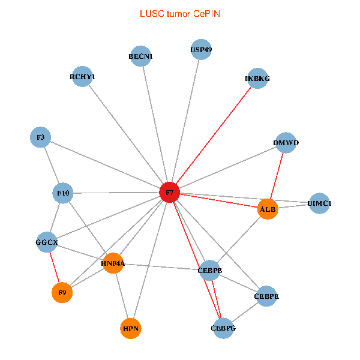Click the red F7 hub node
pyautogui.click(x=170, y=193)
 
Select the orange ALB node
pyautogui.click(x=268, y=209)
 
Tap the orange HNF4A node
pyautogui.click(x=113, y=263)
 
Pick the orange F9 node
pyautogui.click(x=61, y=293)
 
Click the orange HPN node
pyautogui.click(x=131, y=329)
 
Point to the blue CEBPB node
pyautogui.click(x=210, y=271)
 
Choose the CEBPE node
pyautogui.click(x=266, y=296)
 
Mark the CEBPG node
pyautogui.click(x=223, y=328)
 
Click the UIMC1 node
pyautogui.click(x=319, y=203)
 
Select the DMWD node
pyautogui.click(x=286, y=143)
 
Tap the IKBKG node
pyautogui.click(x=257, y=79)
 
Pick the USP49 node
pyautogui.click(x=201, y=49)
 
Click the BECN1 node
pyautogui.click(x=141, y=56)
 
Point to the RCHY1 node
pyautogui.click(x=82, y=77)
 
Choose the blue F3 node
pyautogui.click(x=40, y=137)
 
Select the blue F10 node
pyautogui.click(x=63, y=193)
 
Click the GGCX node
pyautogui.click(x=46, y=243)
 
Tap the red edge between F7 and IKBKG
pyautogui.click(x=214, y=136)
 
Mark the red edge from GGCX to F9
pyautogui.click(x=54, y=268)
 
